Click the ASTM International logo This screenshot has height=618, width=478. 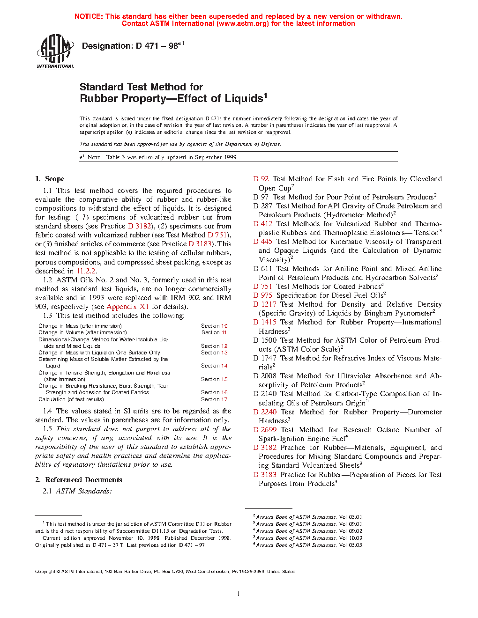55,52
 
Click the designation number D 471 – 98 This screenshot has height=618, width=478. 133,46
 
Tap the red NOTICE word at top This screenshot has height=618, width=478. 89,16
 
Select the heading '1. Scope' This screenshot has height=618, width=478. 50,179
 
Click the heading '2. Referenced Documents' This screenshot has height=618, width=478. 79,480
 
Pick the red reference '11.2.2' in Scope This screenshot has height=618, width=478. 86,271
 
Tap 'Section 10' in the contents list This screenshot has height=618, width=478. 214,326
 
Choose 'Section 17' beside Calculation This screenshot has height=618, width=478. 214,399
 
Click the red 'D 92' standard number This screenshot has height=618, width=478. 261,179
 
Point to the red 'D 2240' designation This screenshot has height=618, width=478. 265,412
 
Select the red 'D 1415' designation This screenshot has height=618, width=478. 265,322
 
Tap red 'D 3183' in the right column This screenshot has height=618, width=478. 265,475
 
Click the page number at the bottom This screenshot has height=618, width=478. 239,594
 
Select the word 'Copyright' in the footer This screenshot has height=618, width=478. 45,572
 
